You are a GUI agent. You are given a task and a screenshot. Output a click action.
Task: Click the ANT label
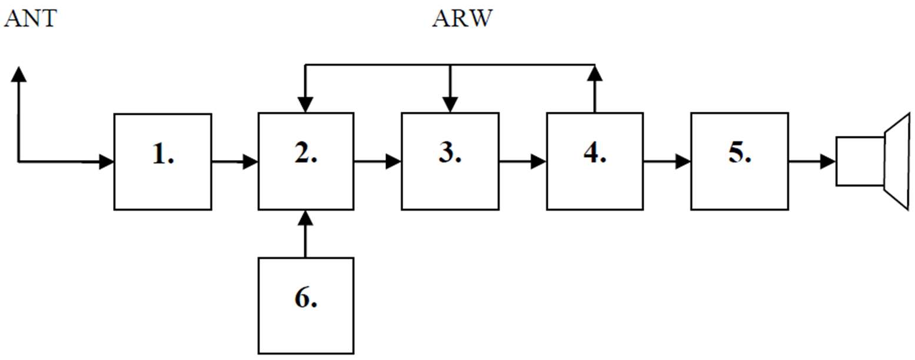31,18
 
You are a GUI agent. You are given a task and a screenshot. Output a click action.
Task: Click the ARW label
463,18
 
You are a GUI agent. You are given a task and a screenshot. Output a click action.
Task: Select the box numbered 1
162,161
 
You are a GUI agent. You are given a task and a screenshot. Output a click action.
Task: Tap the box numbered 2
306,161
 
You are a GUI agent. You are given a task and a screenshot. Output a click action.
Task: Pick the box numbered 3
450,161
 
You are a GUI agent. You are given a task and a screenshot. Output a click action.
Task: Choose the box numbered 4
594,161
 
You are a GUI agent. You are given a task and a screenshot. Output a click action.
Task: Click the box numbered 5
739,161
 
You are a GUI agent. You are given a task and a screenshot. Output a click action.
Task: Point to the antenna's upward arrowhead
19,74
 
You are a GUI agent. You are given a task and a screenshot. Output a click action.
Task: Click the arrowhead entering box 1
106,161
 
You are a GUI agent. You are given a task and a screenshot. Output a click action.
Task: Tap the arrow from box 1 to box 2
234,161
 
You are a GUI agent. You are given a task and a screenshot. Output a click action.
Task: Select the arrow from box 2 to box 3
378,161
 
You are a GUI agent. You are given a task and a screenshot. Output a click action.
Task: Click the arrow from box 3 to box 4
523,161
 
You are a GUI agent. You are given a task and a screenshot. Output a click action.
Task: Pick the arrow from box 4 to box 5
667,161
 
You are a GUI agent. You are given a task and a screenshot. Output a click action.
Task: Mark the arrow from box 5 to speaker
812,161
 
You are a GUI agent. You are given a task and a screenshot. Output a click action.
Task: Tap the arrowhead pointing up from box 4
595,73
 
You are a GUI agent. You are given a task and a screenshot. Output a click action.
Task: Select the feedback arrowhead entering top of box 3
450,105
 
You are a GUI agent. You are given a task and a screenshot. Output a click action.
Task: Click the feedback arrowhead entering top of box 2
305,105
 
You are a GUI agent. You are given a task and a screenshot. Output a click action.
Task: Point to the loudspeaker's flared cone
898,161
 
